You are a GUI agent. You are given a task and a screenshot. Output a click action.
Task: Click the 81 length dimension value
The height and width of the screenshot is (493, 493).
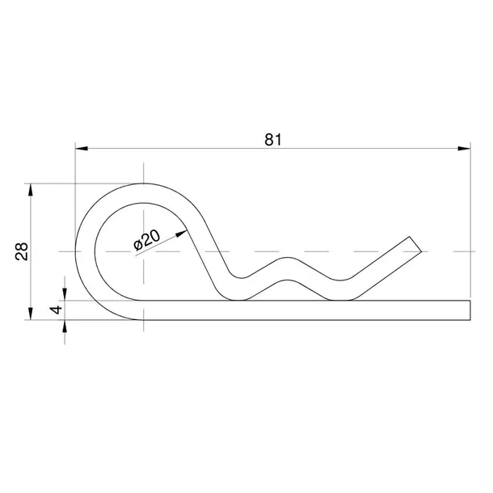(x=273, y=140)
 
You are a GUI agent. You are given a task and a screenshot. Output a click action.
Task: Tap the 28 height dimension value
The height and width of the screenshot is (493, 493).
(x=22, y=251)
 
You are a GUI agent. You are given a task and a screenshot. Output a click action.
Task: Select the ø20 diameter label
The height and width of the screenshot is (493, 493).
(x=146, y=240)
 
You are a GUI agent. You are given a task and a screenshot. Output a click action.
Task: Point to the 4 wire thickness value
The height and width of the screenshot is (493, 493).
(x=56, y=310)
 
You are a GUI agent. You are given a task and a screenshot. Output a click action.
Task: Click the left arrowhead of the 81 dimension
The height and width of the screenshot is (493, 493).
(x=82, y=149)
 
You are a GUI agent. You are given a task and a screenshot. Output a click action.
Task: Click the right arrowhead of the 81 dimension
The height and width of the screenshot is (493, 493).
(x=464, y=149)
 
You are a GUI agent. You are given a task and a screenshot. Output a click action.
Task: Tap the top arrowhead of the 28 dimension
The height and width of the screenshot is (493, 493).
(x=31, y=190)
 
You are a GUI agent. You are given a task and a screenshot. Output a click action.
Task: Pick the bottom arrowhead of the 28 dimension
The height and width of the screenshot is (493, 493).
(x=31, y=314)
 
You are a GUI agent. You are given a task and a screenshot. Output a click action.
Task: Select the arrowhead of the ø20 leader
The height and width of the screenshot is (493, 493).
(x=182, y=234)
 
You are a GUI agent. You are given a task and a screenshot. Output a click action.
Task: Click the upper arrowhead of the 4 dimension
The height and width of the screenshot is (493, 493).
(x=65, y=294)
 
